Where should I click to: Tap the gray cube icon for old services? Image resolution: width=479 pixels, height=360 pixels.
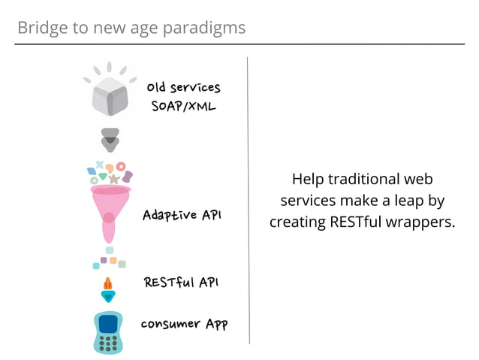(x=110, y=96)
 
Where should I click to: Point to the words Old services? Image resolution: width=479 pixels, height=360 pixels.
(x=183, y=88)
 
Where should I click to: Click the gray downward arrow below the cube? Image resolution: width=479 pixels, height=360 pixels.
(x=110, y=139)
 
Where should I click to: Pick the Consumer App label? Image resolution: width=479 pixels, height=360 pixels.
(x=184, y=324)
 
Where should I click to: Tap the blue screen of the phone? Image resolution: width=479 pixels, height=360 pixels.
(x=109, y=324)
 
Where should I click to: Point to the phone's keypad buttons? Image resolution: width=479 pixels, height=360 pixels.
(x=109, y=343)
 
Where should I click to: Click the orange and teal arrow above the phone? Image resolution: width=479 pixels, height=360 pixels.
(x=108, y=289)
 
